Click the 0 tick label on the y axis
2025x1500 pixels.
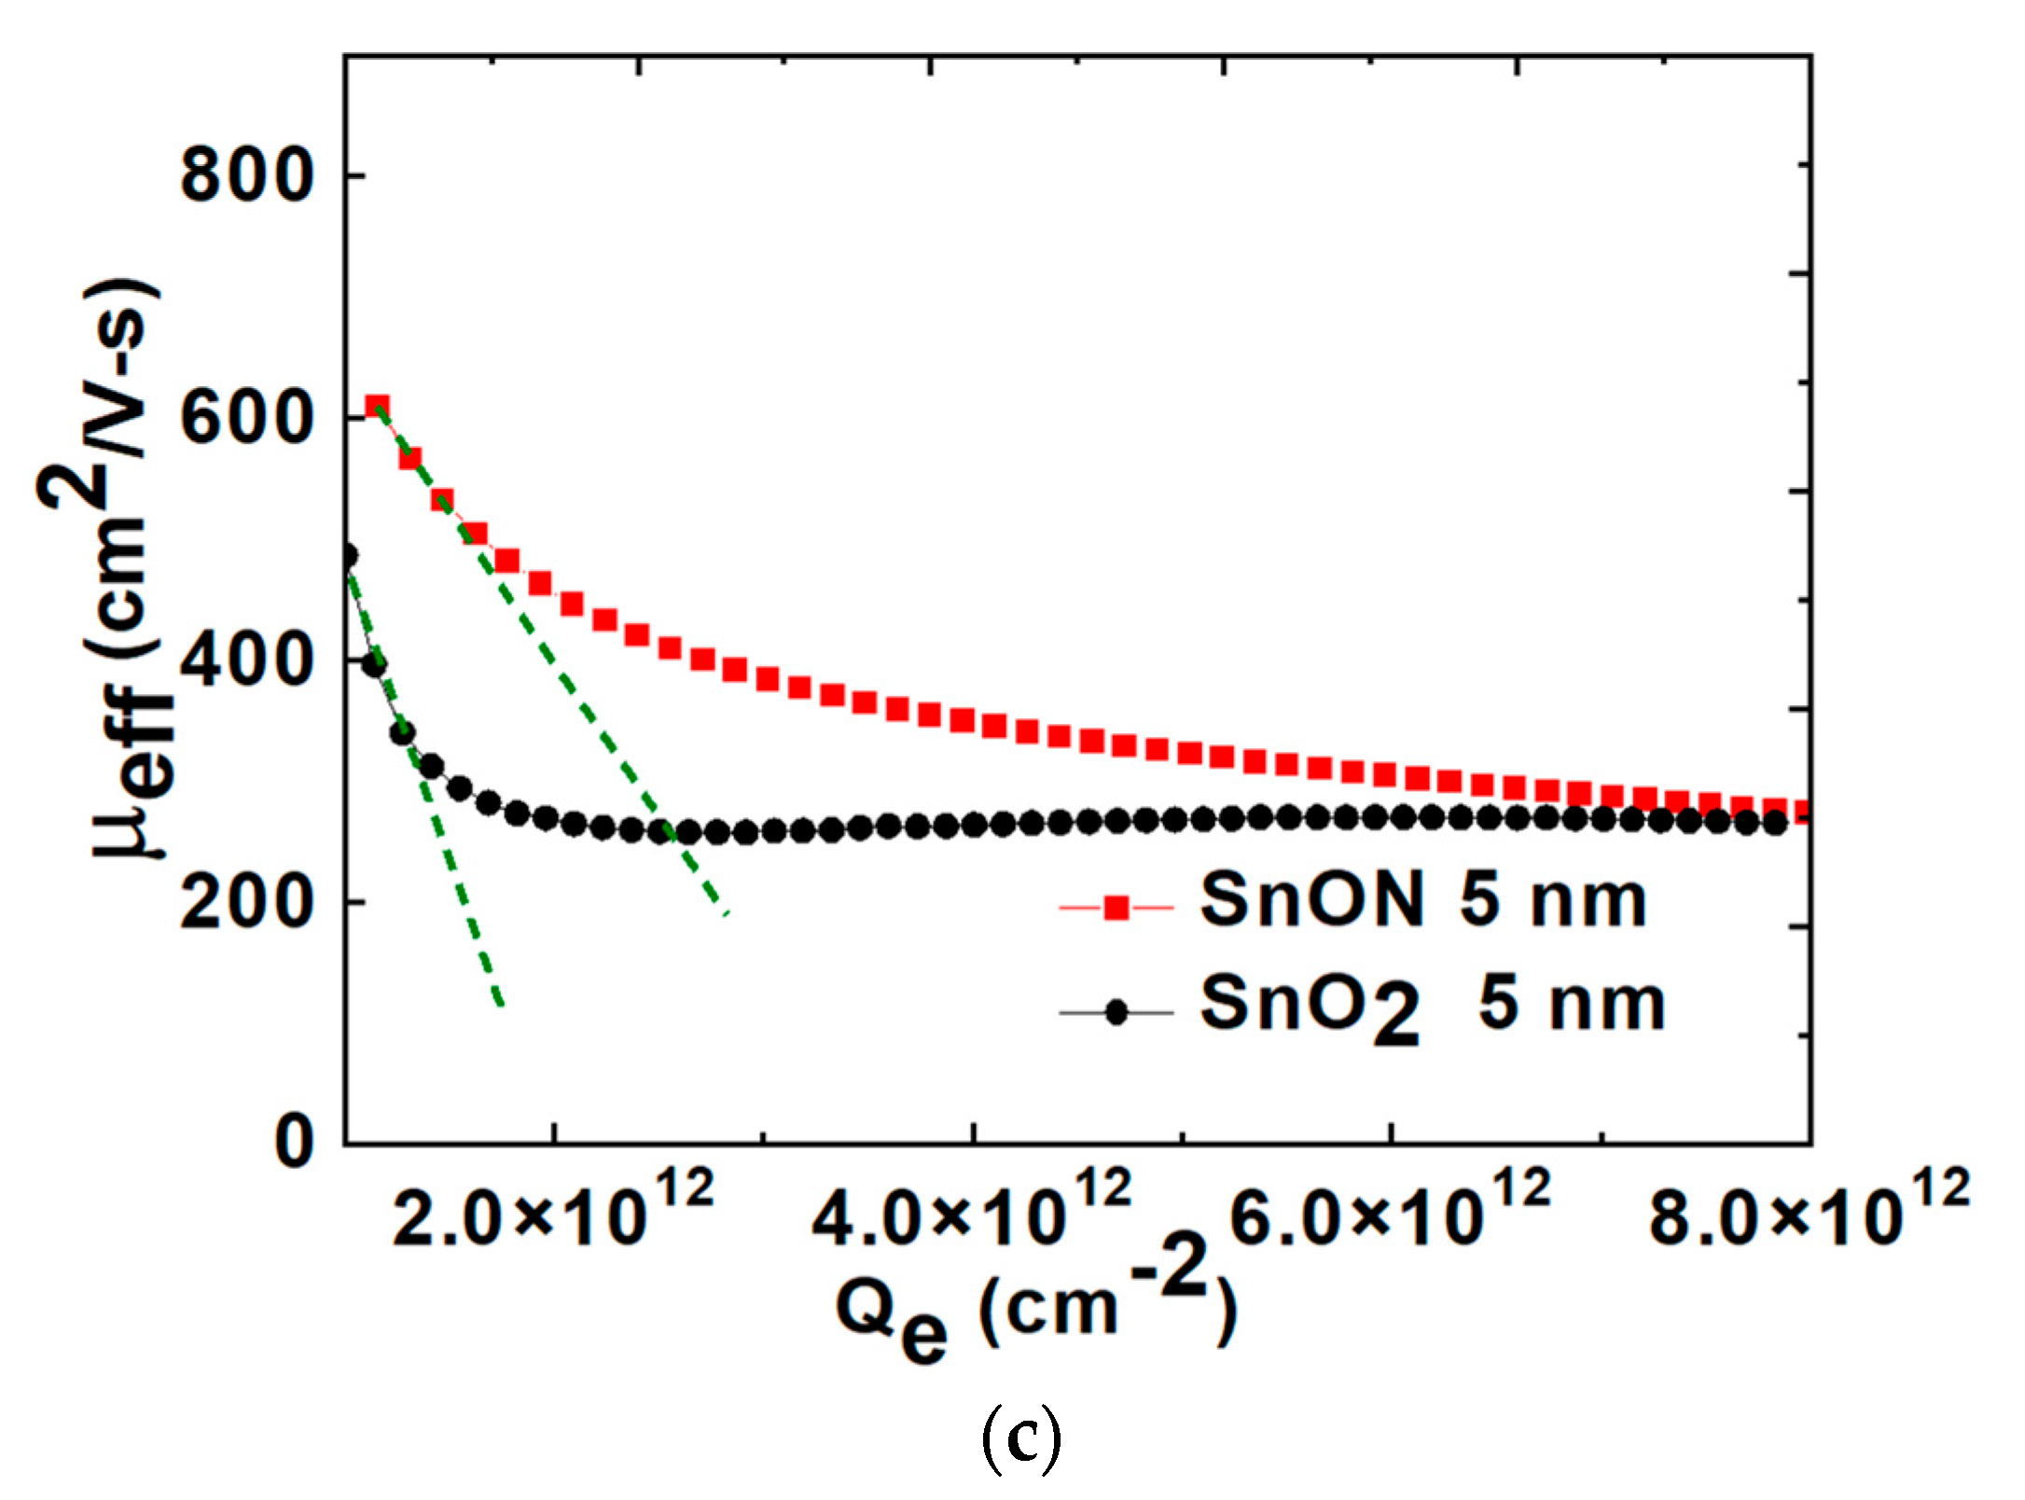click(x=295, y=1143)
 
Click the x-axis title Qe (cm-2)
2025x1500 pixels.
click(x=1035, y=1306)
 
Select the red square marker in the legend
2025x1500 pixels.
click(x=1116, y=907)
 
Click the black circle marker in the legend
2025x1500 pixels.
click(x=1116, y=1012)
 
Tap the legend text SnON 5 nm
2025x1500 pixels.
click(x=1422, y=900)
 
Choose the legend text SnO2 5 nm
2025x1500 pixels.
click(x=1432, y=1007)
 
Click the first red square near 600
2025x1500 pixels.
click(x=377, y=407)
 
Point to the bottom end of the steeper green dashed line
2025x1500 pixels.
click(x=501, y=1004)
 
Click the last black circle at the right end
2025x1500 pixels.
click(x=1775, y=823)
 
